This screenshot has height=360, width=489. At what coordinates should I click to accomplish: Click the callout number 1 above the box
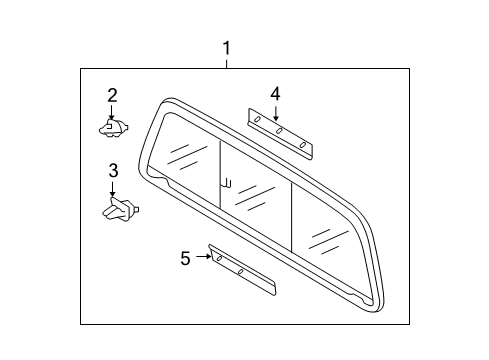227,47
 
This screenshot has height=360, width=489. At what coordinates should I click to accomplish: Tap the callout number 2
112,96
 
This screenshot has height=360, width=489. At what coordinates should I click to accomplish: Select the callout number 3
113,170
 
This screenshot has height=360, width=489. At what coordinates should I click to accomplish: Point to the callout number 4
274,94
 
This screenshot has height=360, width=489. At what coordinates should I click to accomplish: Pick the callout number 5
185,258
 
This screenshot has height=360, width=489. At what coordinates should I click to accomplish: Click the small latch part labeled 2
111,127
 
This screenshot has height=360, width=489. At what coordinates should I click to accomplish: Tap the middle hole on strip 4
281,132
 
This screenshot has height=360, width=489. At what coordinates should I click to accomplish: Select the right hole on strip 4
302,145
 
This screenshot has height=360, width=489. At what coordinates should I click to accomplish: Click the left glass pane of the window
187,160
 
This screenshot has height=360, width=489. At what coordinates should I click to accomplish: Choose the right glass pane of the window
324,236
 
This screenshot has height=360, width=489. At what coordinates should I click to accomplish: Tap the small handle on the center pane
228,183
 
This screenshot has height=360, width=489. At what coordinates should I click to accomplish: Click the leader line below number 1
227,63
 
